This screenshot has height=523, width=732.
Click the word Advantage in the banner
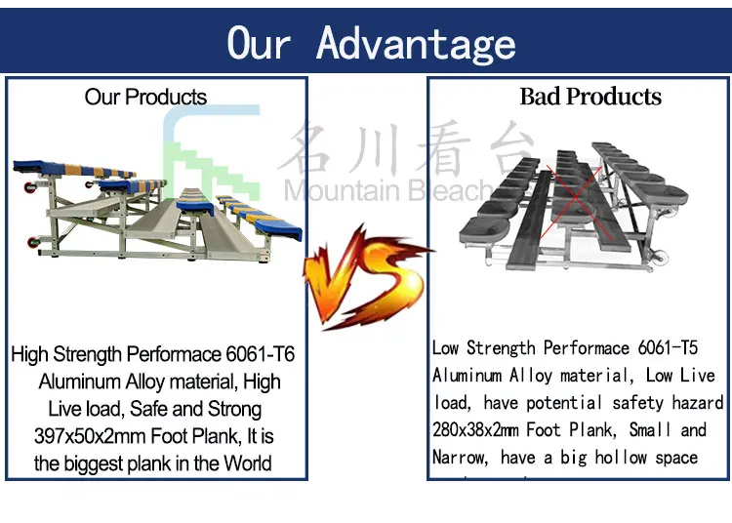(x=417, y=43)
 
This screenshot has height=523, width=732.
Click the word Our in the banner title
(x=259, y=43)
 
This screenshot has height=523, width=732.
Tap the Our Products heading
(x=145, y=97)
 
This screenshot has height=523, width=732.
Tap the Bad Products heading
(x=590, y=97)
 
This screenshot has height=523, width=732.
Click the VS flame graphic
(x=363, y=272)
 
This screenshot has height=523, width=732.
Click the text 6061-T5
(x=668, y=348)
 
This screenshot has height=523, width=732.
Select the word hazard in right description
(x=696, y=403)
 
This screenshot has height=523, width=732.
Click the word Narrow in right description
(x=465, y=458)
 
